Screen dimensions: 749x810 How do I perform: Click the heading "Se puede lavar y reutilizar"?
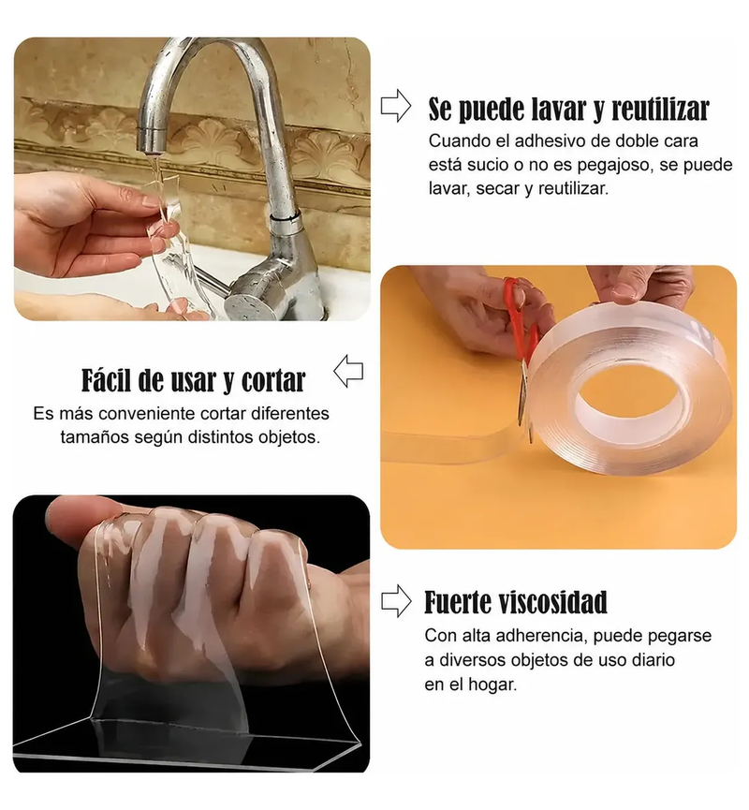click(568, 109)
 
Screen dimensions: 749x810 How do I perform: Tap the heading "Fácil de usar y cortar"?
click(193, 380)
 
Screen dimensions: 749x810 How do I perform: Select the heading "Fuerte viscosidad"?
click(516, 602)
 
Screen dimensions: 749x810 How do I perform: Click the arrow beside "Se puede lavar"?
click(396, 106)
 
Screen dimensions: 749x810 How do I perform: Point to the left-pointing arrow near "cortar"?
click(348, 371)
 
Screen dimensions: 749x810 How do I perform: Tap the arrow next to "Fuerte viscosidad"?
click(396, 601)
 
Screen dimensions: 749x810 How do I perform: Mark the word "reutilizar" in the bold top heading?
click(661, 109)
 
